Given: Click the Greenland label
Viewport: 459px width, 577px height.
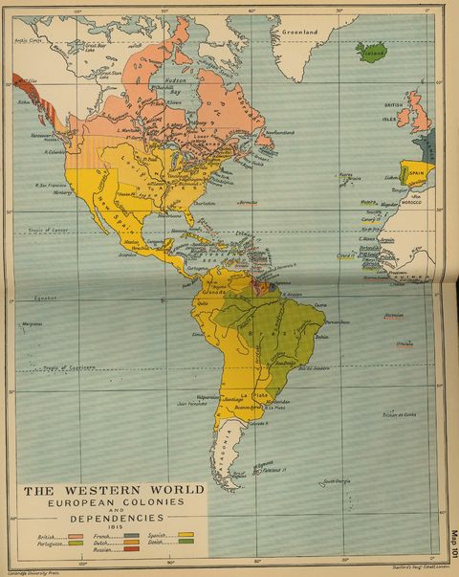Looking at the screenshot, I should (x=299, y=31).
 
